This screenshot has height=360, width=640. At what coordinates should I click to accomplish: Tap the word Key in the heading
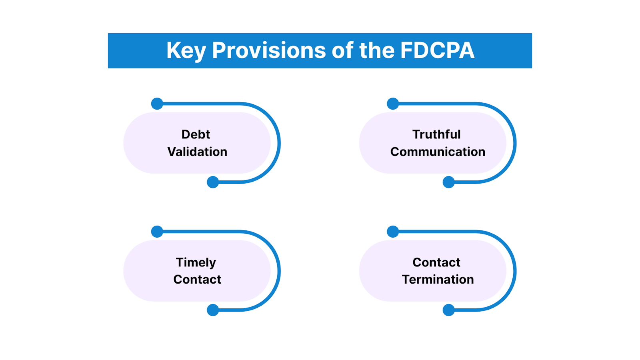tap(186, 51)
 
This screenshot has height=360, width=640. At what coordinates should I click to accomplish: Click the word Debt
tap(196, 134)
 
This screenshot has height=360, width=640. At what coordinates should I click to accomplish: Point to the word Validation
tap(197, 152)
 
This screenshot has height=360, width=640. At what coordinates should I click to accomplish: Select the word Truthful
tap(436, 134)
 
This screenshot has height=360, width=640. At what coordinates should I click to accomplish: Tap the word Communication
tap(438, 152)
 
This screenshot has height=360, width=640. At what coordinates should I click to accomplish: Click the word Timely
tap(196, 263)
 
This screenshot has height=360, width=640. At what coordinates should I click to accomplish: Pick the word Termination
tap(438, 280)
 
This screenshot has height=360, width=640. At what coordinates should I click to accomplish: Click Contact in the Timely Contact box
tap(197, 280)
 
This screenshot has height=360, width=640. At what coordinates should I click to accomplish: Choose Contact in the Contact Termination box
tap(436, 262)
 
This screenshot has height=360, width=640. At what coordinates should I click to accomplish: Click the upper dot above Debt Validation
tap(157, 104)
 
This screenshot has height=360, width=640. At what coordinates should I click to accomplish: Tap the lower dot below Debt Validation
tap(213, 182)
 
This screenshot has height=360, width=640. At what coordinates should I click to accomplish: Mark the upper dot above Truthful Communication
tap(393, 104)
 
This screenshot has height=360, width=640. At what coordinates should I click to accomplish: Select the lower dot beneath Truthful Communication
tap(449, 182)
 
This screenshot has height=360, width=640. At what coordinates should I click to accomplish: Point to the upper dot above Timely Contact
tap(157, 232)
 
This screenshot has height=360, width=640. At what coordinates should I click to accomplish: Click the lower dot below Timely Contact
tap(213, 310)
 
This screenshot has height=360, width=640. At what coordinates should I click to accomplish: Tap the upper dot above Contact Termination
tap(393, 232)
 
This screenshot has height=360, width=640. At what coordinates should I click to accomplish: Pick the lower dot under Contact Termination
tap(449, 310)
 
